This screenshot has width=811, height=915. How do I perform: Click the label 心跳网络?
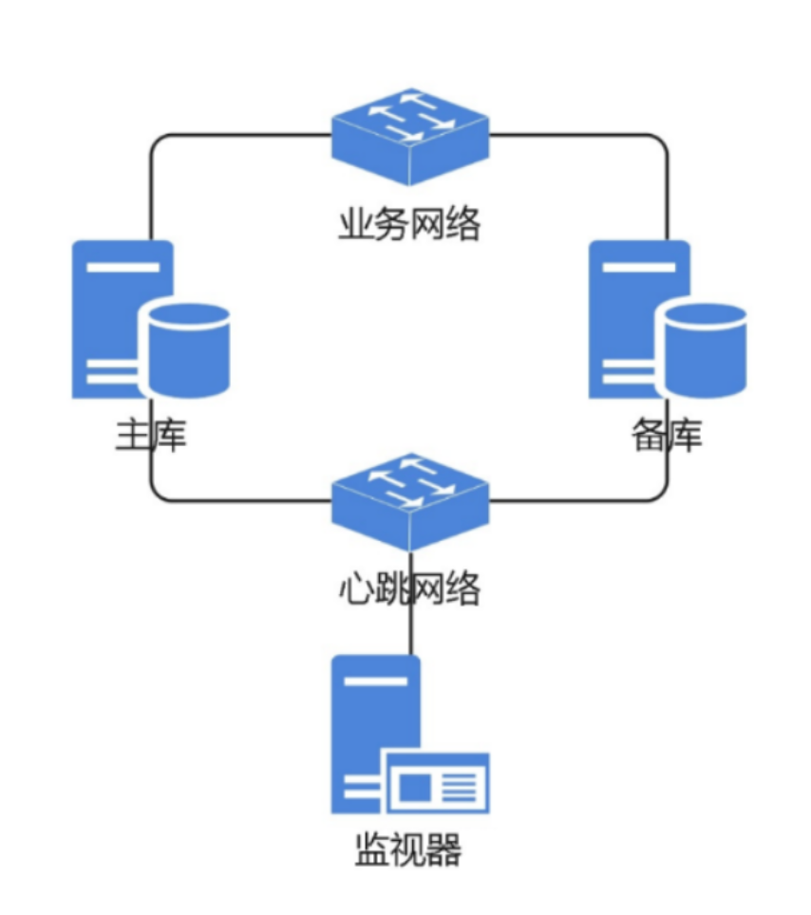[x=409, y=589]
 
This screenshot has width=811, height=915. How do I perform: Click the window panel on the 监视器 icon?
[x=436, y=784]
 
